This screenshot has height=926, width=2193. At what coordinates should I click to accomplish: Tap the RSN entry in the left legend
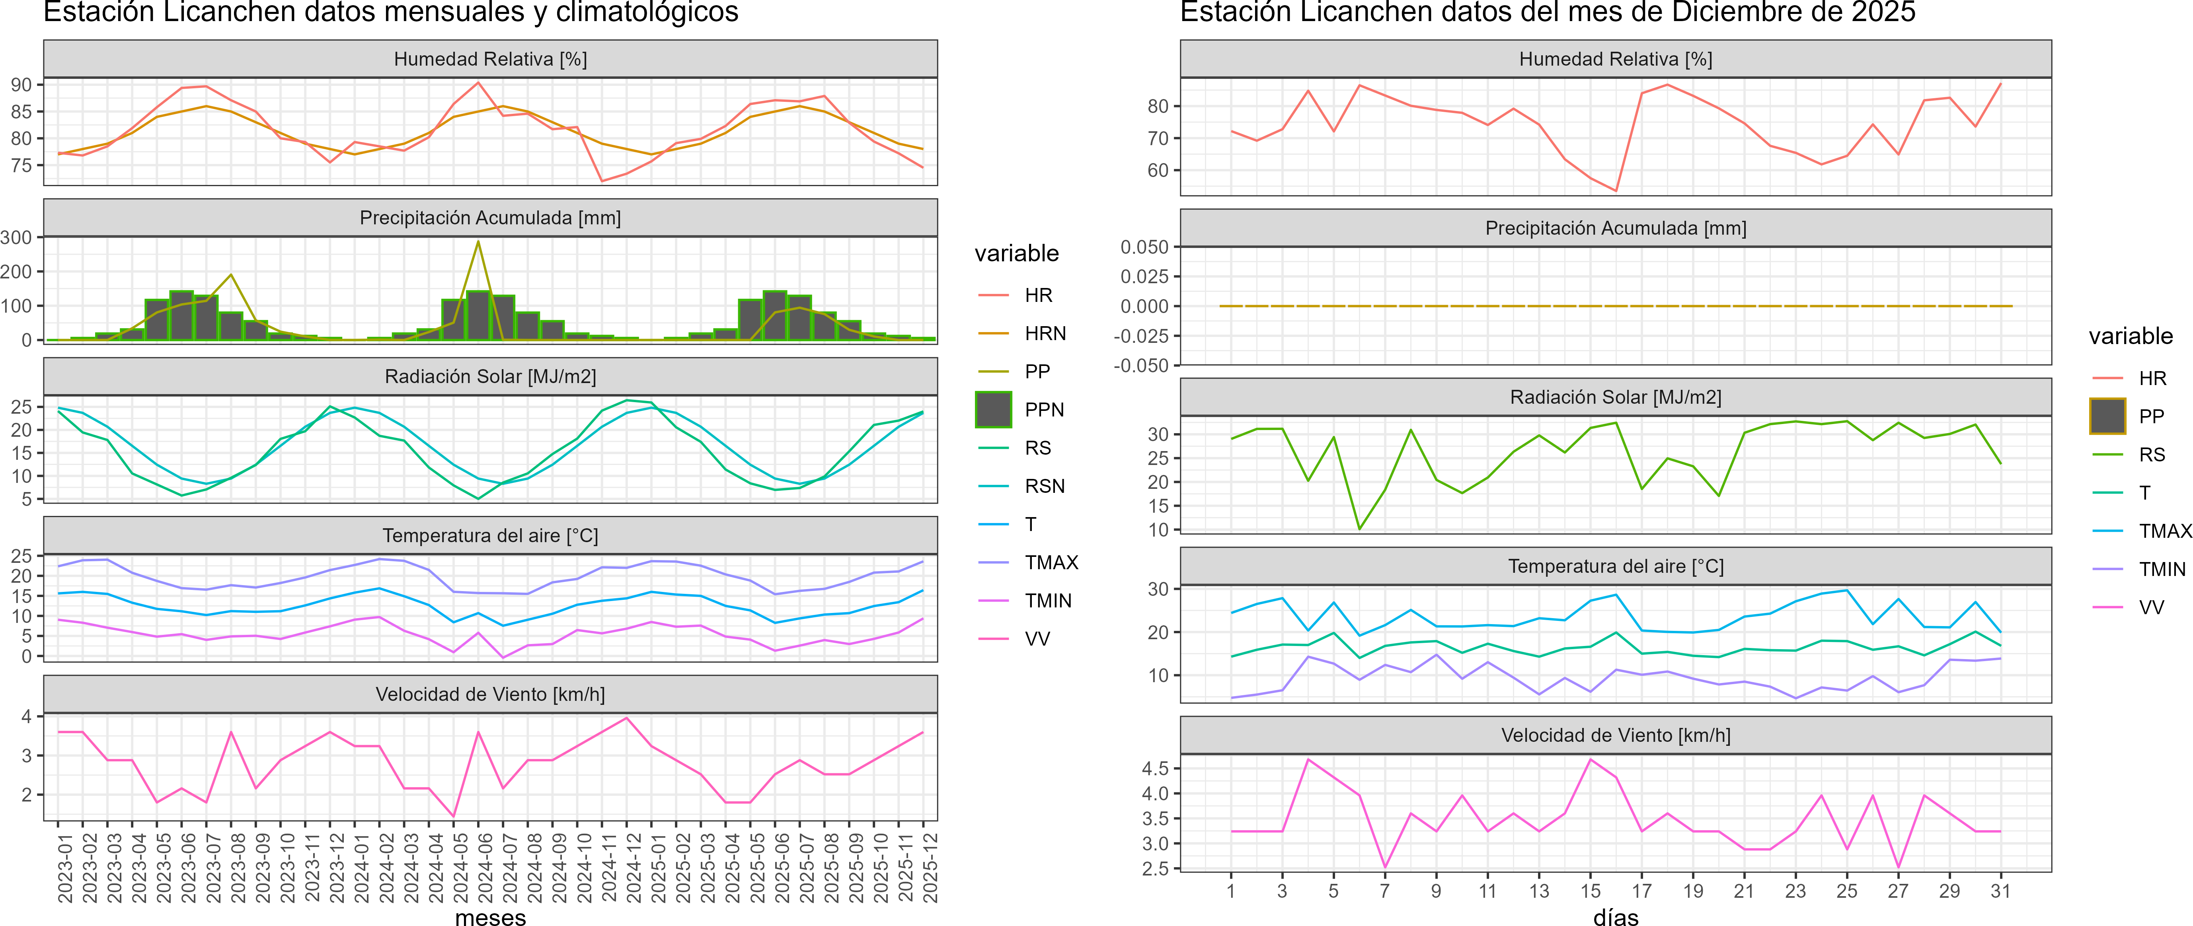1045,486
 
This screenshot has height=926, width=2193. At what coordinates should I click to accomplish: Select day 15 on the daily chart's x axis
1590,891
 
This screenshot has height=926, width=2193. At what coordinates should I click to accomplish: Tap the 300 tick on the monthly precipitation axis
16,237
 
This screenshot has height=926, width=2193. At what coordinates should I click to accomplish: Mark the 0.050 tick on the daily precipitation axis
1144,247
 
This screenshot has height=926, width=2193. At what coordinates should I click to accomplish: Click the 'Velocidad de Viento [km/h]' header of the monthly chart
490,694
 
